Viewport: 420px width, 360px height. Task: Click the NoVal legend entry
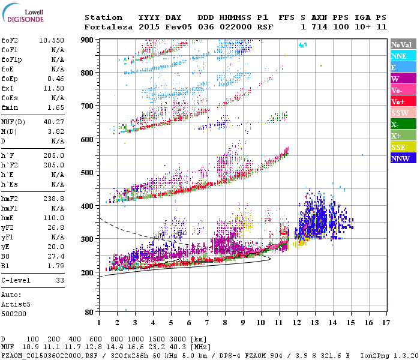[402, 44]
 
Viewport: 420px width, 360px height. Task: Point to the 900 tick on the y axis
[88, 40]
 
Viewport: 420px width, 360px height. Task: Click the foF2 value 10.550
[52, 40]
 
